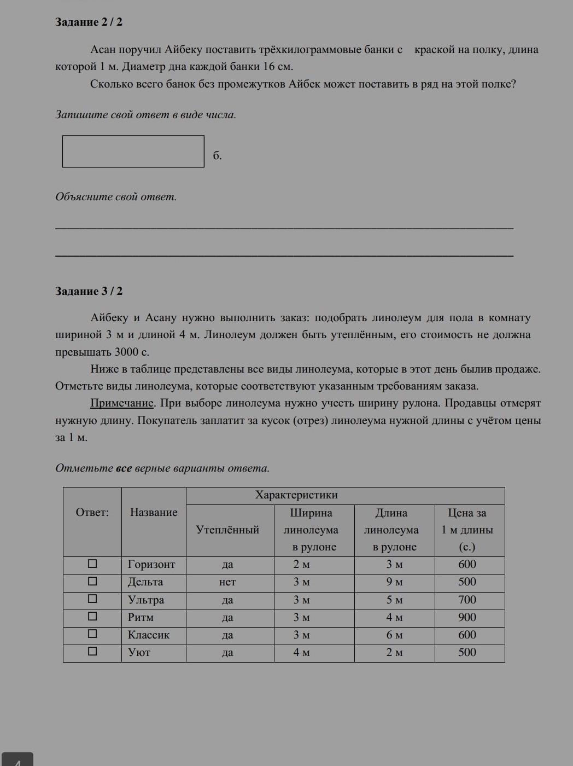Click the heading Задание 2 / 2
tap(89, 22)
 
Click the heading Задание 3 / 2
tap(89, 291)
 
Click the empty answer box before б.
tap(133, 152)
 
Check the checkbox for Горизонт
tap(92, 564)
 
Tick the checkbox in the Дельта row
tap(92, 581)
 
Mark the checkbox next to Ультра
tap(92, 599)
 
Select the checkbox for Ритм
tap(92, 617)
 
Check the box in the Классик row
tap(92, 634)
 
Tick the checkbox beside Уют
tap(92, 652)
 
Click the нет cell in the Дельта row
tap(227, 582)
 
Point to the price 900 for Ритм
tap(467, 617)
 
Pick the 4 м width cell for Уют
tap(302, 652)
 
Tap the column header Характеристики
tap(296, 495)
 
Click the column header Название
tap(154, 513)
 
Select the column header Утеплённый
tap(227, 530)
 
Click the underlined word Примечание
tap(122, 403)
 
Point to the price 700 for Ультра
tap(467, 600)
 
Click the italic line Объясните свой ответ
tap(116, 197)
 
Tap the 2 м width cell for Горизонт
tap(302, 565)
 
